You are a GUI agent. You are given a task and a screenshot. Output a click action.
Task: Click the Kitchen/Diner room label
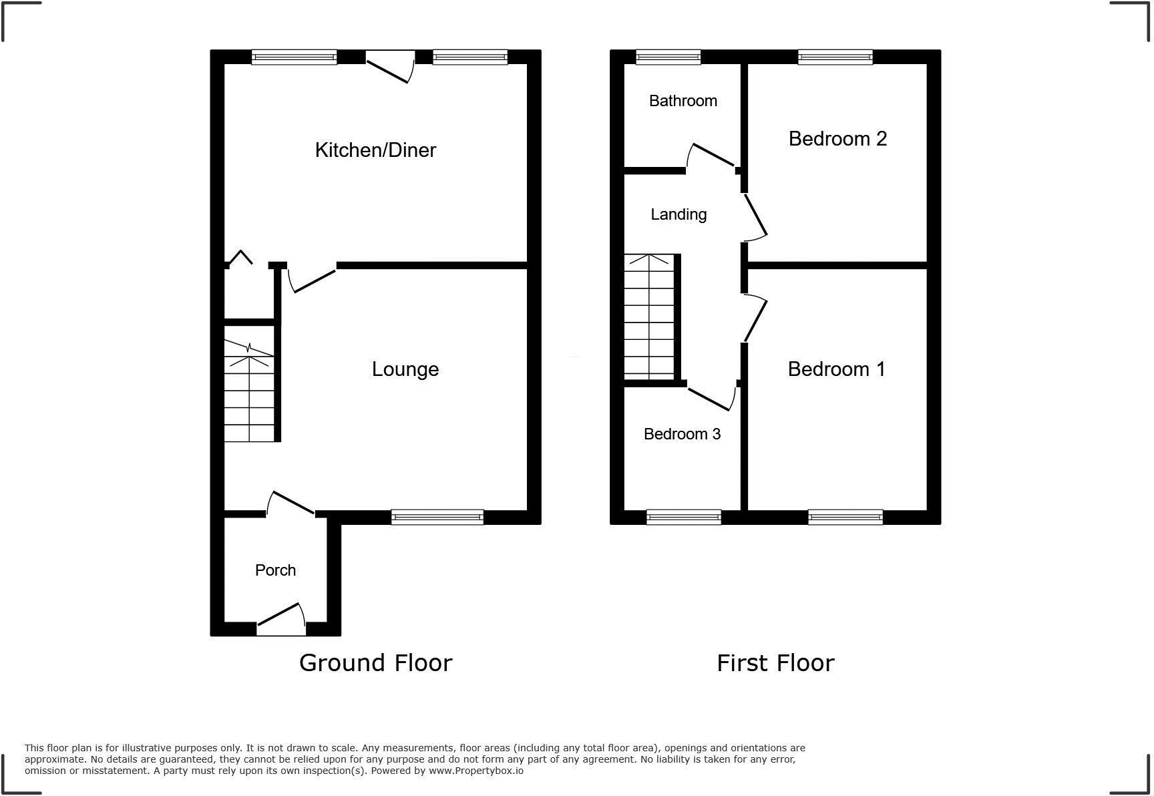(375, 150)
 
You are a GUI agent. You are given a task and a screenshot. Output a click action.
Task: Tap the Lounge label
(405, 369)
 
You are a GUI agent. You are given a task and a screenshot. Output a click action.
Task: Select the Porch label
(275, 570)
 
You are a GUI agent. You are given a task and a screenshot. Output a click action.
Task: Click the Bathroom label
(683, 101)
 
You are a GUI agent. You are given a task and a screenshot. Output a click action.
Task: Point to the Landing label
(679, 214)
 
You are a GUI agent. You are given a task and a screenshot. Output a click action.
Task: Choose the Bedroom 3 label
(682, 434)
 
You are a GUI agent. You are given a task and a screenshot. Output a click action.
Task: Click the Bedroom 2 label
(837, 138)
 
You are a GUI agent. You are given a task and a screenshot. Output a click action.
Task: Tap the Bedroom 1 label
(836, 369)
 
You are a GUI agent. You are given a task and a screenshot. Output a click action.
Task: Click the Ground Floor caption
(375, 662)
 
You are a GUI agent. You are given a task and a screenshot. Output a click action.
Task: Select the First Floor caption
(775, 662)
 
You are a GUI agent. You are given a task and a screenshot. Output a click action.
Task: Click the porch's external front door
(281, 620)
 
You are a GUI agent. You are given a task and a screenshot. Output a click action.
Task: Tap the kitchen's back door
(389, 67)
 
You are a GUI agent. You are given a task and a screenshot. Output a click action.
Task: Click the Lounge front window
(437, 517)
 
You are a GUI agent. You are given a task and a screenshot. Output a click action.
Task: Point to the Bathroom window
(668, 57)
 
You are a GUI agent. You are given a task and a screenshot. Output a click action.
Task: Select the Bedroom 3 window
(684, 517)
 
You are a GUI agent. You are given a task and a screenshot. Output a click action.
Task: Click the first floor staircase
(649, 317)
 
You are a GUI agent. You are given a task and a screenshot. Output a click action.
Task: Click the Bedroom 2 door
(755, 216)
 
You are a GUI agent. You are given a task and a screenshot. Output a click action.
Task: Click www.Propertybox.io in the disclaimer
(475, 771)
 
